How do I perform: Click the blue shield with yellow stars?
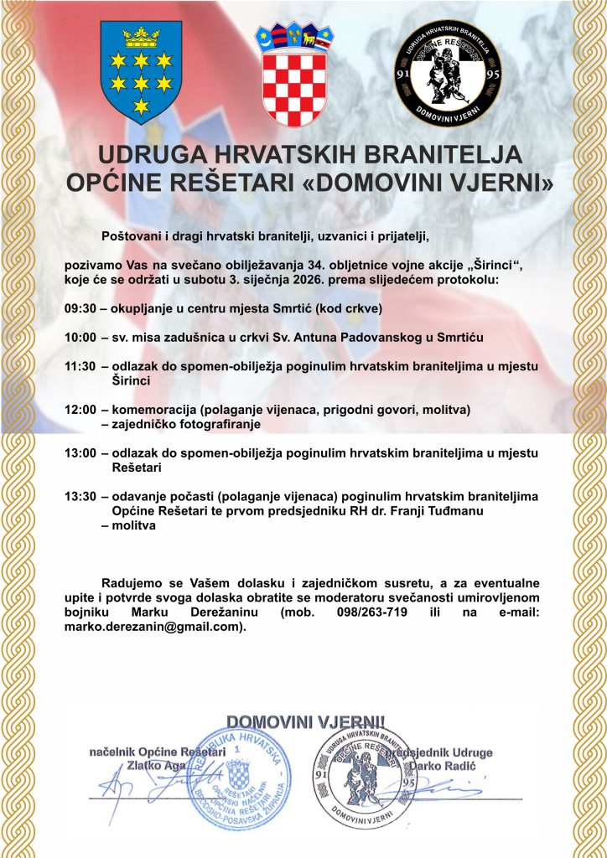pos(140,72)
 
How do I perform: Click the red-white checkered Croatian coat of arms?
pos(294,75)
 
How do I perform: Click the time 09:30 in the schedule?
pos(80,308)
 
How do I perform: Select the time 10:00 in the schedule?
pos(80,338)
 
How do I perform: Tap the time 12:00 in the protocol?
pos(80,410)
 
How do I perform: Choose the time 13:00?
pos(80,453)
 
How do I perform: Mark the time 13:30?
pos(80,497)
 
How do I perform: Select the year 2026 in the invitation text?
pos(335,280)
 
